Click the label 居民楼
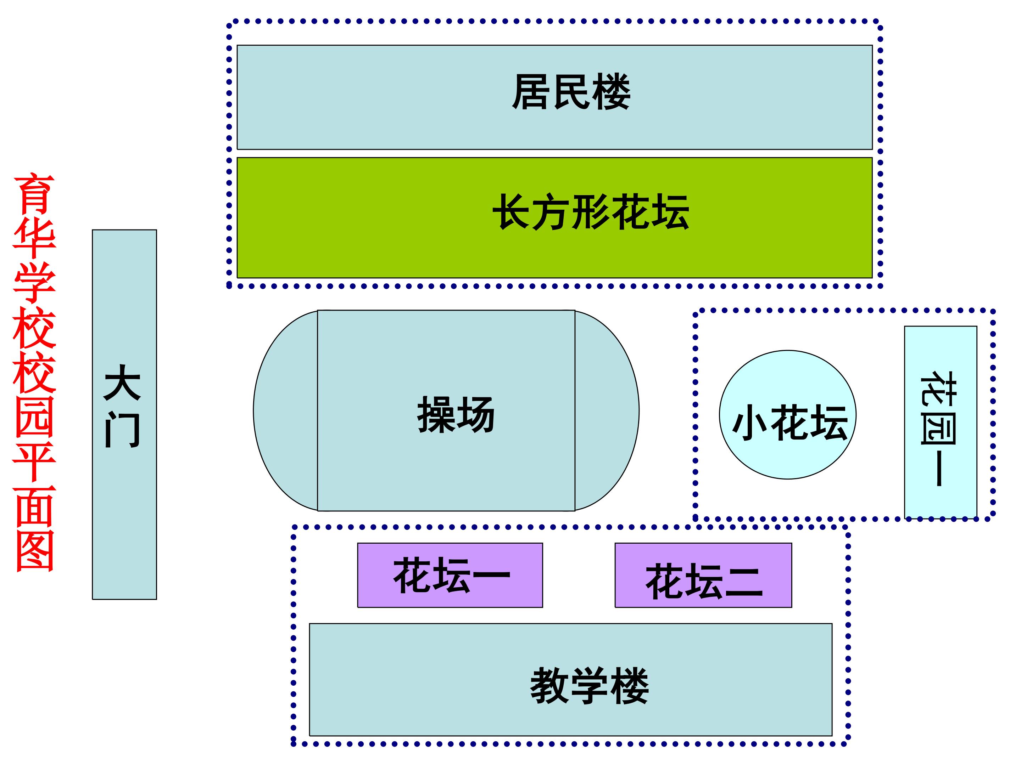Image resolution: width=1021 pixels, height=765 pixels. click(571, 92)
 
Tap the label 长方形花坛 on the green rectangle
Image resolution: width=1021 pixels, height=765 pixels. click(591, 212)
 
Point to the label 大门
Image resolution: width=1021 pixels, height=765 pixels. click(122, 406)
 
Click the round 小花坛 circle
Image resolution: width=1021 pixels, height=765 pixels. click(787, 414)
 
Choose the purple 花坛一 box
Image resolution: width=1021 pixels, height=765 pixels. click(450, 575)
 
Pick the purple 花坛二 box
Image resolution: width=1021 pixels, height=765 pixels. click(703, 575)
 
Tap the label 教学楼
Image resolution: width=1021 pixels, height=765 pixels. click(590, 686)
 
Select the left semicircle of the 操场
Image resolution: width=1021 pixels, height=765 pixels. click(285, 410)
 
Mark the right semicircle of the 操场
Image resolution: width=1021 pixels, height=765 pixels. click(607, 410)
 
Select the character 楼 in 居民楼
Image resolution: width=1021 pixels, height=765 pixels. click(612, 92)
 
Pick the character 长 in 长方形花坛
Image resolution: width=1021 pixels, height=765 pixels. click(512, 212)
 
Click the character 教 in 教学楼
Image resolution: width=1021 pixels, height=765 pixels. click(549, 686)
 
